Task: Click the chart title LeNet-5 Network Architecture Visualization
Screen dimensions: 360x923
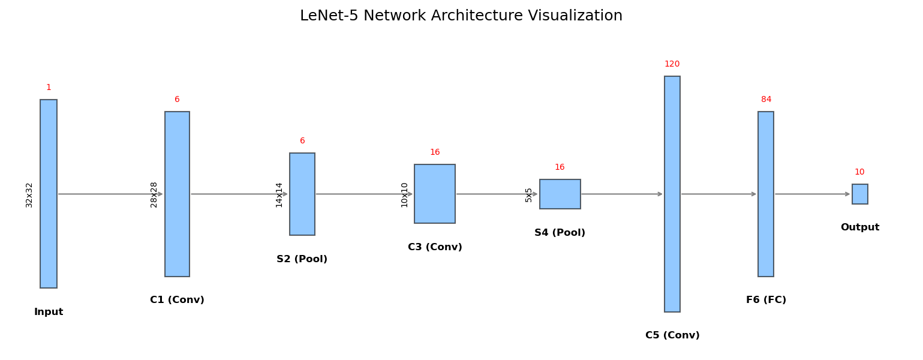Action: (461, 16)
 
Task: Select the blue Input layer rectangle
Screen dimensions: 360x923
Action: (49, 193)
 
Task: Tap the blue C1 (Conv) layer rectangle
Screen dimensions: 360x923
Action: (177, 193)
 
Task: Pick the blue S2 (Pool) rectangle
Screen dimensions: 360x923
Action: (302, 193)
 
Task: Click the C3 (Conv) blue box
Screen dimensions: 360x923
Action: (434, 193)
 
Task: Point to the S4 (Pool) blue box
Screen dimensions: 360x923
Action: (560, 194)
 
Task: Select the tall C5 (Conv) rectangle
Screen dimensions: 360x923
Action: (672, 193)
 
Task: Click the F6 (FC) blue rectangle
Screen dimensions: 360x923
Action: (765, 193)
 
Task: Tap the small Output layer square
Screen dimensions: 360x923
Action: (859, 194)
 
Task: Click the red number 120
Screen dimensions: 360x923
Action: (672, 64)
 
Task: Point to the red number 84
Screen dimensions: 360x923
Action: (766, 100)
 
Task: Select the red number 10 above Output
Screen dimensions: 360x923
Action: (859, 172)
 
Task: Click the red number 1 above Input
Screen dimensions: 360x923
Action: (49, 88)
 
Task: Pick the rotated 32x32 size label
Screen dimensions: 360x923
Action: (29, 194)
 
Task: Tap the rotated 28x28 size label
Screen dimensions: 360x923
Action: (154, 194)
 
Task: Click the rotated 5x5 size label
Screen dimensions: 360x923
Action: (528, 194)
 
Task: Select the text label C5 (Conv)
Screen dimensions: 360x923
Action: (672, 335)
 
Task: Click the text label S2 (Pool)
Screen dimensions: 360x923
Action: (302, 259)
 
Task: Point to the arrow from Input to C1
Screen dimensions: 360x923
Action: (110, 194)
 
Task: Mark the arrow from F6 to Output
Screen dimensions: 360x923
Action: (812, 194)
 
